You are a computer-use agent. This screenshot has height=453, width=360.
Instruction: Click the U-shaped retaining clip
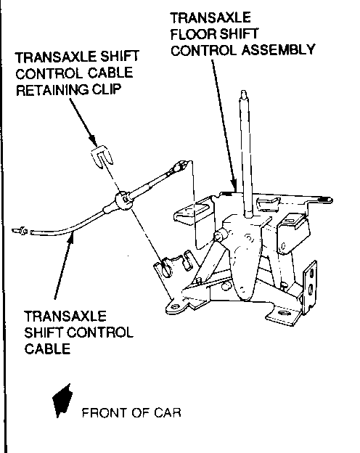(x=102, y=157)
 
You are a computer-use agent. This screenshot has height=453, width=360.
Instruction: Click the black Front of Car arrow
(x=62, y=401)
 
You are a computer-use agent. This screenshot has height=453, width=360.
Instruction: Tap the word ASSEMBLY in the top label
(x=278, y=49)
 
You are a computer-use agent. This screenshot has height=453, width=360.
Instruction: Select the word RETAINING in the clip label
(x=52, y=89)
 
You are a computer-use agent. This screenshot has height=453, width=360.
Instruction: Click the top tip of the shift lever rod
(x=244, y=91)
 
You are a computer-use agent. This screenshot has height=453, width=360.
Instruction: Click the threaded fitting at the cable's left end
(x=20, y=231)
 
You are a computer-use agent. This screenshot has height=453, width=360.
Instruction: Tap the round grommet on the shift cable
(x=123, y=200)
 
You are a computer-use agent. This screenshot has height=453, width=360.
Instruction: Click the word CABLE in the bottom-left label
(x=47, y=348)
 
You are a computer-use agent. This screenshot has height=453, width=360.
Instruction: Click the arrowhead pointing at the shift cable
(x=71, y=237)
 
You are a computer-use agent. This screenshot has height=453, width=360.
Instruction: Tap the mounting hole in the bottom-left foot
(x=175, y=306)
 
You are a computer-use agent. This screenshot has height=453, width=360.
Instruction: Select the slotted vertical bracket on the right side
(x=310, y=287)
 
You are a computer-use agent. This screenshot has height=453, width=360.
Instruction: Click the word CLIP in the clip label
(x=106, y=89)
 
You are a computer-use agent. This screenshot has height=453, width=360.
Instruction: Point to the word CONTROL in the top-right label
(x=204, y=50)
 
